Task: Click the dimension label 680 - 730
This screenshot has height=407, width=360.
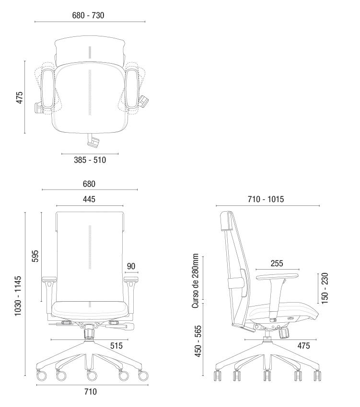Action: click(x=88, y=15)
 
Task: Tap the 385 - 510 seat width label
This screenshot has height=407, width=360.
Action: click(x=90, y=160)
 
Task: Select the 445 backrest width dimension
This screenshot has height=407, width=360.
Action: click(x=89, y=199)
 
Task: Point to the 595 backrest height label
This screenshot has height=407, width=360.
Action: click(x=35, y=256)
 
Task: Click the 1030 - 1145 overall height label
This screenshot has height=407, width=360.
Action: click(x=18, y=296)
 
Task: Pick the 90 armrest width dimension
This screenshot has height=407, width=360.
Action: click(x=131, y=266)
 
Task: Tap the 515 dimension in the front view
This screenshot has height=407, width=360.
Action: click(x=116, y=346)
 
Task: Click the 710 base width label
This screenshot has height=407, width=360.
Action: click(x=91, y=391)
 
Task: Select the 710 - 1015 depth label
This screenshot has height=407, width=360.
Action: click(x=266, y=199)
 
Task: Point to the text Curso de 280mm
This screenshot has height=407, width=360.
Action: click(x=195, y=281)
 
